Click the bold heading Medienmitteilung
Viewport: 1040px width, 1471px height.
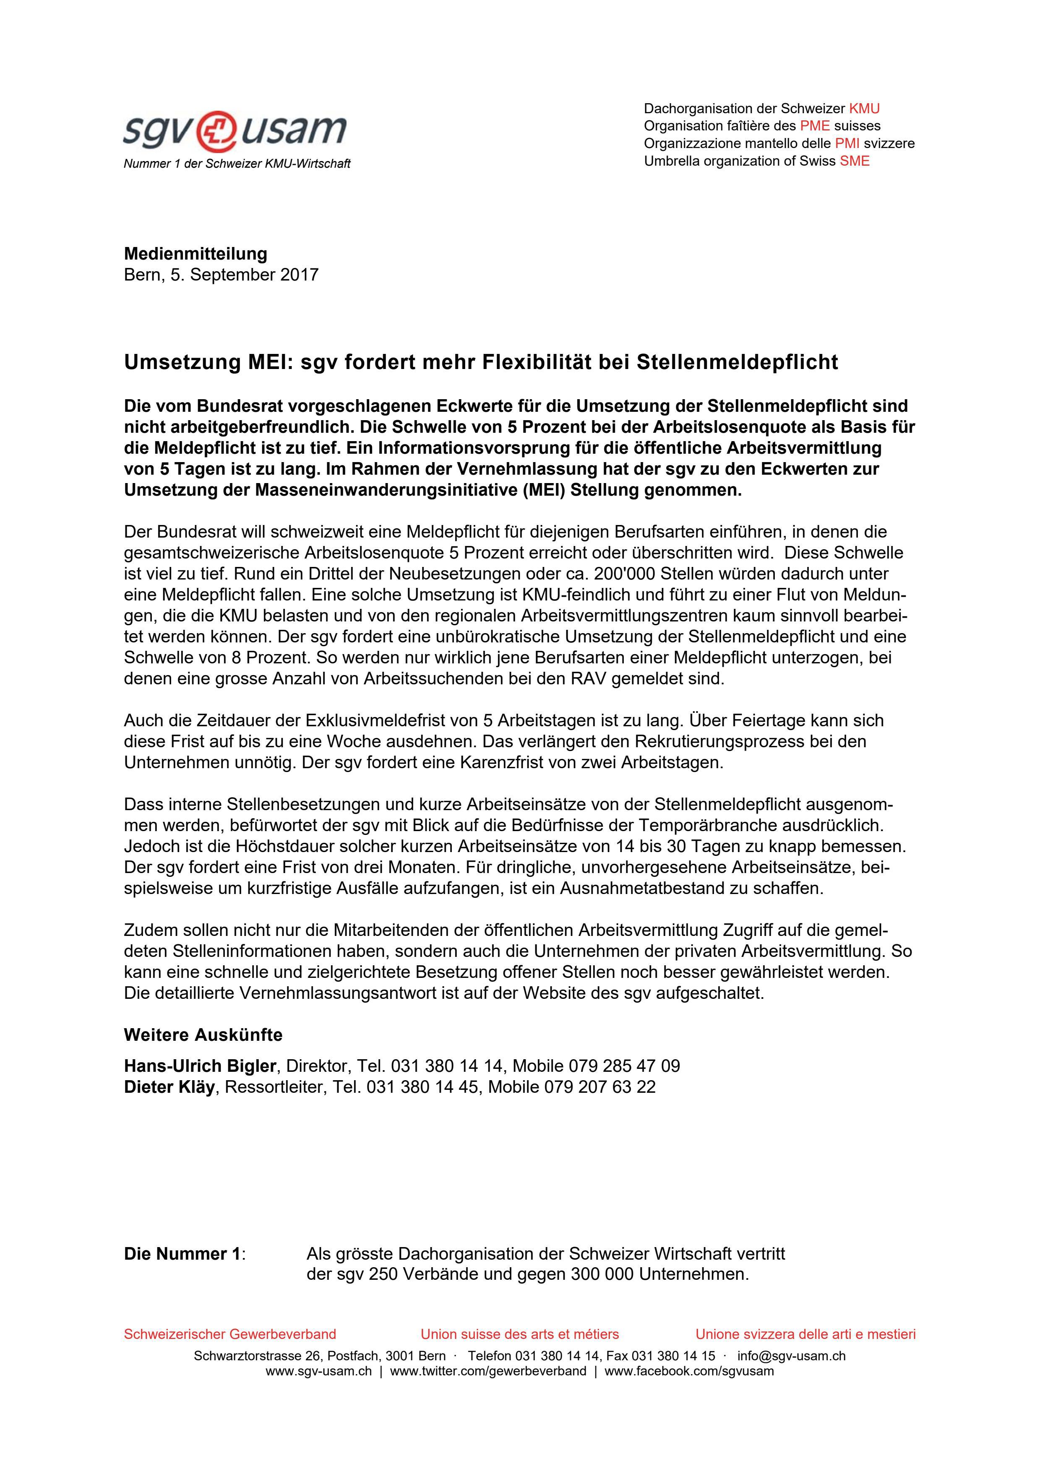195,254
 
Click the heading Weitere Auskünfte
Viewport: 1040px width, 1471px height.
203,1035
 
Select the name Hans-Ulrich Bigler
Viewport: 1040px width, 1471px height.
200,1066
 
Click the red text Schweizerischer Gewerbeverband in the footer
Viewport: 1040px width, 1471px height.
229,1334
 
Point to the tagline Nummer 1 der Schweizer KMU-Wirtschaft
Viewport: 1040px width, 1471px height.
237,164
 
